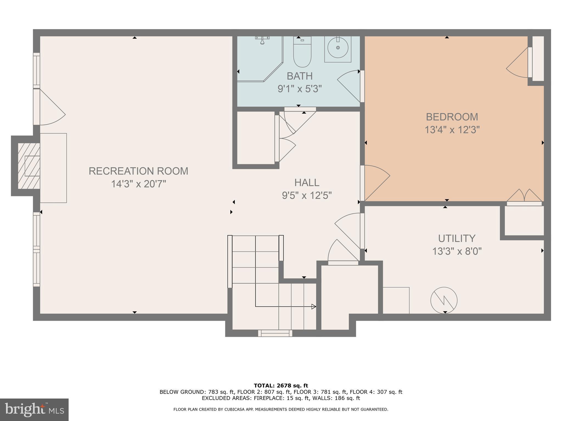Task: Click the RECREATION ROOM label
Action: [138, 171]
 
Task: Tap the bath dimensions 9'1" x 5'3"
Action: [299, 89]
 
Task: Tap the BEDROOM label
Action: [452, 117]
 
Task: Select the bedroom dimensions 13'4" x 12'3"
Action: [452, 130]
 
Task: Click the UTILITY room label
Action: [457, 238]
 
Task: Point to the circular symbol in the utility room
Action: [444, 300]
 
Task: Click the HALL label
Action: [307, 183]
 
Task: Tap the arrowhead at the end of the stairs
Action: [313, 307]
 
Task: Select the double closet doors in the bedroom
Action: [524, 196]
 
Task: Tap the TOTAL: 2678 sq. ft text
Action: [281, 386]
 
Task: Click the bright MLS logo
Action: [34, 410]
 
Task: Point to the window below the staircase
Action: [275, 333]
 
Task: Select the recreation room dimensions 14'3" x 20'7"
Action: [138, 184]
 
